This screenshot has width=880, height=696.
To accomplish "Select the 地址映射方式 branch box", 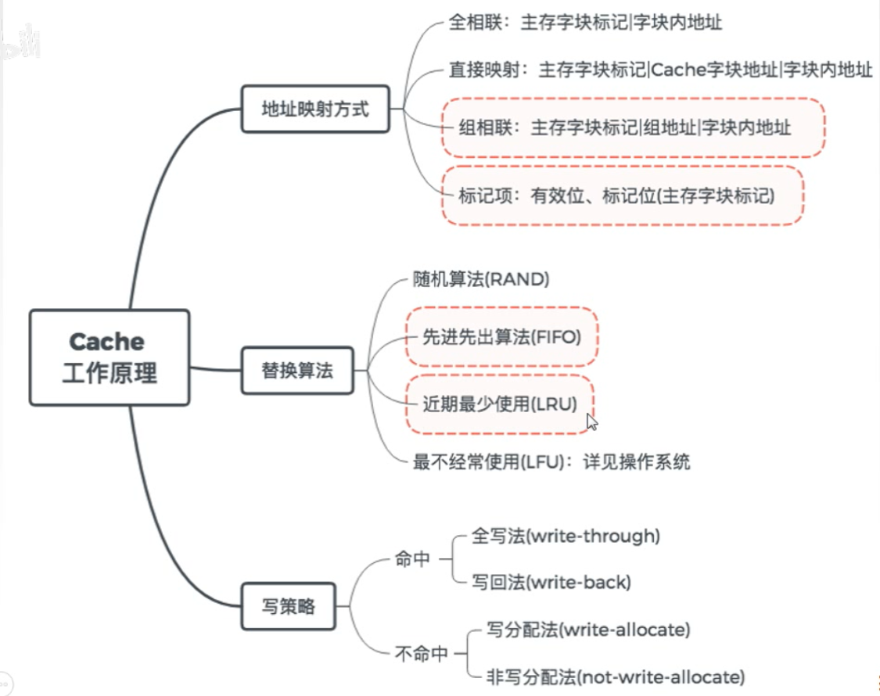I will [x=314, y=109].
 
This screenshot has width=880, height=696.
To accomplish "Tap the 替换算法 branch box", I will [x=297, y=370].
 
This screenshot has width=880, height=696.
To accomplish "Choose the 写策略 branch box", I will [x=288, y=605].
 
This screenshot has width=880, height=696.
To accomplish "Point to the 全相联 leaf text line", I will [x=584, y=22].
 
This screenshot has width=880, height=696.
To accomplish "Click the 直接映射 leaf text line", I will [x=659, y=71].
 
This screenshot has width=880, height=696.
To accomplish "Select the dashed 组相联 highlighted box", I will [x=633, y=127].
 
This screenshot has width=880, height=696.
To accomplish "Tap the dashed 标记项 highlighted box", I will [x=622, y=196].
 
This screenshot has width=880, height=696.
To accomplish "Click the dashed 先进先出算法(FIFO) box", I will [x=501, y=337].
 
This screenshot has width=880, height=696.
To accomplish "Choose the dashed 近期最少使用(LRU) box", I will [x=499, y=404].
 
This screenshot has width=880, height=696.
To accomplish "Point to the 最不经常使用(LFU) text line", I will [x=551, y=461].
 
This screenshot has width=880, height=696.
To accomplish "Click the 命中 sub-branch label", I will [x=413, y=559].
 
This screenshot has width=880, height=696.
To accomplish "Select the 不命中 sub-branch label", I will [x=421, y=653].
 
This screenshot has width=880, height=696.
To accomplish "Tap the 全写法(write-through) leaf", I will [x=566, y=536].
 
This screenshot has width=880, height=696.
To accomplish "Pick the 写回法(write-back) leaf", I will [x=551, y=583].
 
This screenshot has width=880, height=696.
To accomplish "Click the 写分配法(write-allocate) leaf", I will [x=588, y=630].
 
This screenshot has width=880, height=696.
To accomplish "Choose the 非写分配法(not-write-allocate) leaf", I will [x=615, y=676].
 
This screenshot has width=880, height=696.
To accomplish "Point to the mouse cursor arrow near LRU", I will [x=592, y=422].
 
